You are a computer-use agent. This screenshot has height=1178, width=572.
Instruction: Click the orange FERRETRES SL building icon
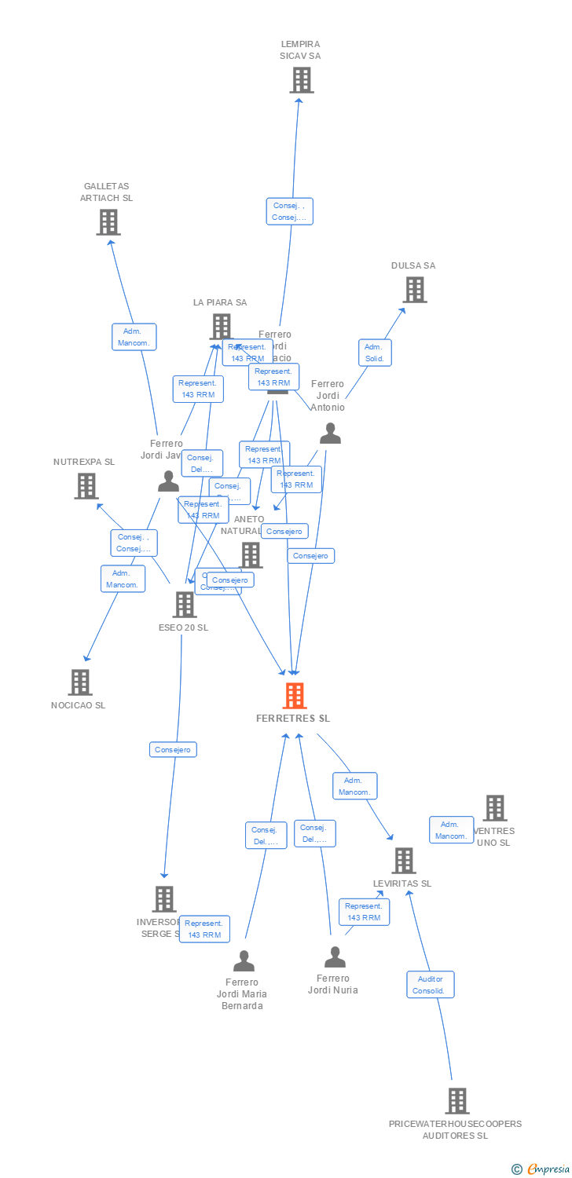tap(294, 696)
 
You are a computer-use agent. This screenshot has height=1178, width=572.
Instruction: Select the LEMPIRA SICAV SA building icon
tap(301, 80)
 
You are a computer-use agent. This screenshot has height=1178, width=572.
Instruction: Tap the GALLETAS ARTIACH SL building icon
tap(108, 222)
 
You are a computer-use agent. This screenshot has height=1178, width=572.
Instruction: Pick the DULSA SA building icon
tap(414, 290)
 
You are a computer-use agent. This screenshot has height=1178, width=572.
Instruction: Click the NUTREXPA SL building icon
tap(86, 486)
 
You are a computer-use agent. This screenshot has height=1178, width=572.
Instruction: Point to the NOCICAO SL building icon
tap(79, 682)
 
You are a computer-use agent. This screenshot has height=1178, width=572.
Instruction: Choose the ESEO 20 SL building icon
tap(185, 605)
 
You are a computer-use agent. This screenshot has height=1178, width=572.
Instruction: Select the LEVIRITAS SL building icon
tap(403, 861)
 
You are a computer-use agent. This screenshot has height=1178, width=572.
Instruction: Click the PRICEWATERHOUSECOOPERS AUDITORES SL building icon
tap(456, 1101)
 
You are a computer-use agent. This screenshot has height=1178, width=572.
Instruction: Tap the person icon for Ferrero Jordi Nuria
tap(335, 957)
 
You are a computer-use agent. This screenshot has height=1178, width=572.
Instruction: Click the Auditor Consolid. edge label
tap(431, 985)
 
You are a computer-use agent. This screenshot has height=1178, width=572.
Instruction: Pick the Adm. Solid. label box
tap(375, 353)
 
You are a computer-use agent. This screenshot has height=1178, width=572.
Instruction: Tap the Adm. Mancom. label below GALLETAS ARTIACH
tap(134, 337)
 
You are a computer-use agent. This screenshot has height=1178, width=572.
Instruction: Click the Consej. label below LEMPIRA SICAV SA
tap(289, 211)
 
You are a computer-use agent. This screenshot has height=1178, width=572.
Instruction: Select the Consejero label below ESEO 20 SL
tap(173, 750)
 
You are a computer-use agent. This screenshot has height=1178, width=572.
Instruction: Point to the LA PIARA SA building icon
tap(222, 326)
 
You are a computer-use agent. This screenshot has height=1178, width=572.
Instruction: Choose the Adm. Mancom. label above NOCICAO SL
tap(123, 579)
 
